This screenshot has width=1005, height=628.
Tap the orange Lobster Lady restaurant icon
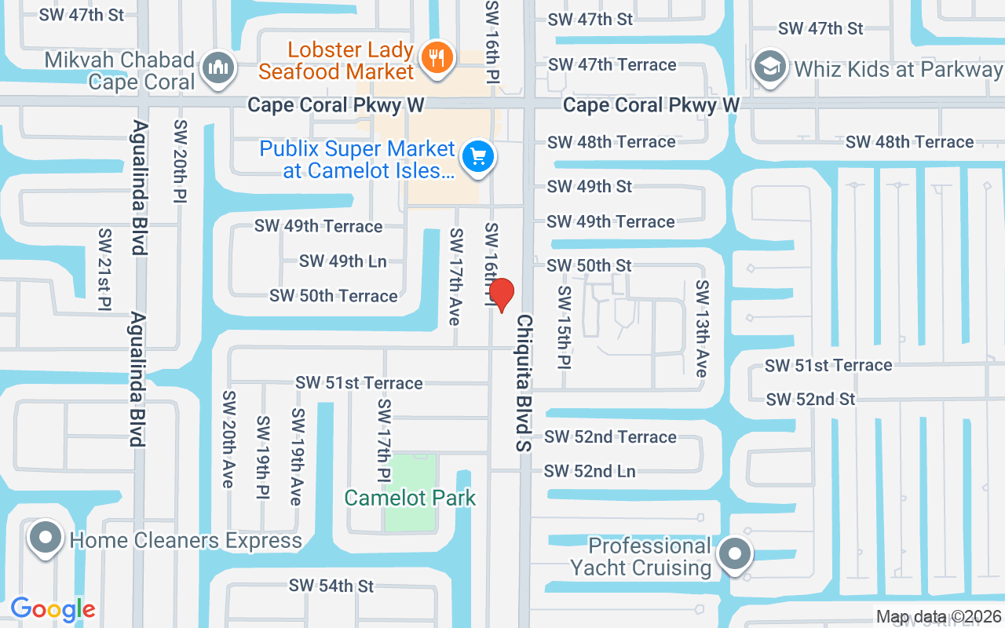tap(433, 57)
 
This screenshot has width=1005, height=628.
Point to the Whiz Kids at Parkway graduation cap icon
tap(770, 68)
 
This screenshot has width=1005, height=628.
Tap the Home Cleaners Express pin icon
tap(46, 539)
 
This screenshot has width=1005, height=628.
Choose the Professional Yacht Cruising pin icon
tap(735, 554)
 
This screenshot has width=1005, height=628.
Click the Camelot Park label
tap(410, 498)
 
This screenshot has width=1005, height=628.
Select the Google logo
tap(53, 609)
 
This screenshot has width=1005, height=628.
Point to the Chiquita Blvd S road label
tap(524, 383)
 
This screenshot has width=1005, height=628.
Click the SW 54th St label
tap(331, 586)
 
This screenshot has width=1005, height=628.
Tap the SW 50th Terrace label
tap(334, 296)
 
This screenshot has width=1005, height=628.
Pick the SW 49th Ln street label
tap(343, 261)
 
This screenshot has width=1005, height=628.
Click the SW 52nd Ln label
tap(590, 471)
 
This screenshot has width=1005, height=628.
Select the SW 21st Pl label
tap(104, 269)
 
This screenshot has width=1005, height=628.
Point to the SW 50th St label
tap(589, 265)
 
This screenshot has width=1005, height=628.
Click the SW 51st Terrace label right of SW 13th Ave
tap(828, 366)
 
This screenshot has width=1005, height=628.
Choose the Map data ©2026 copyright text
tap(939, 617)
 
